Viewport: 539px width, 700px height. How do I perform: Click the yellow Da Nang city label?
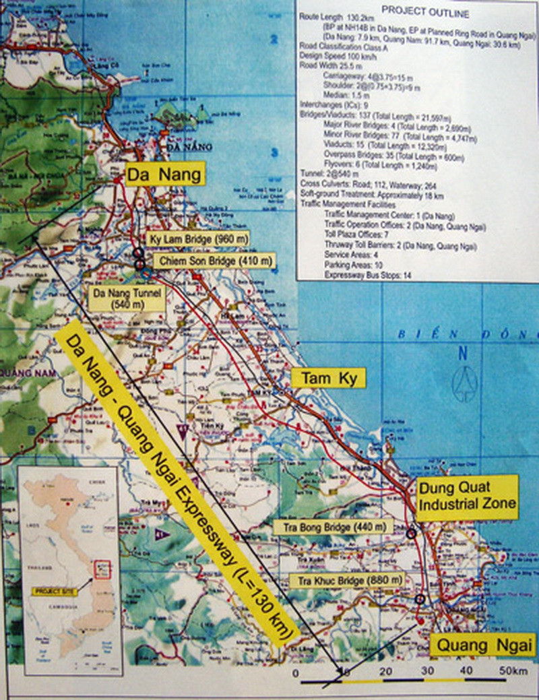coord(164,176)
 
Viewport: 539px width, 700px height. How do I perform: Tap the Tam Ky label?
coord(327,379)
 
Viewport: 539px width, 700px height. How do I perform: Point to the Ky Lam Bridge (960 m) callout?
coord(197,239)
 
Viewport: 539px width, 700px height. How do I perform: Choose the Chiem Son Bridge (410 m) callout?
coord(214,261)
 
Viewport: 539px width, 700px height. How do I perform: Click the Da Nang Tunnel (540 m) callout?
coord(127,298)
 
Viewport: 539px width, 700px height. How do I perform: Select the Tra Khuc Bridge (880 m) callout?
coord(345,580)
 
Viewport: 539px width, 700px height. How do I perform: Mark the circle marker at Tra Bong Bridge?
coord(411,533)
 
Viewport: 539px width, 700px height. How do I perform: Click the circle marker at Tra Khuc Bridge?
coord(420,599)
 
